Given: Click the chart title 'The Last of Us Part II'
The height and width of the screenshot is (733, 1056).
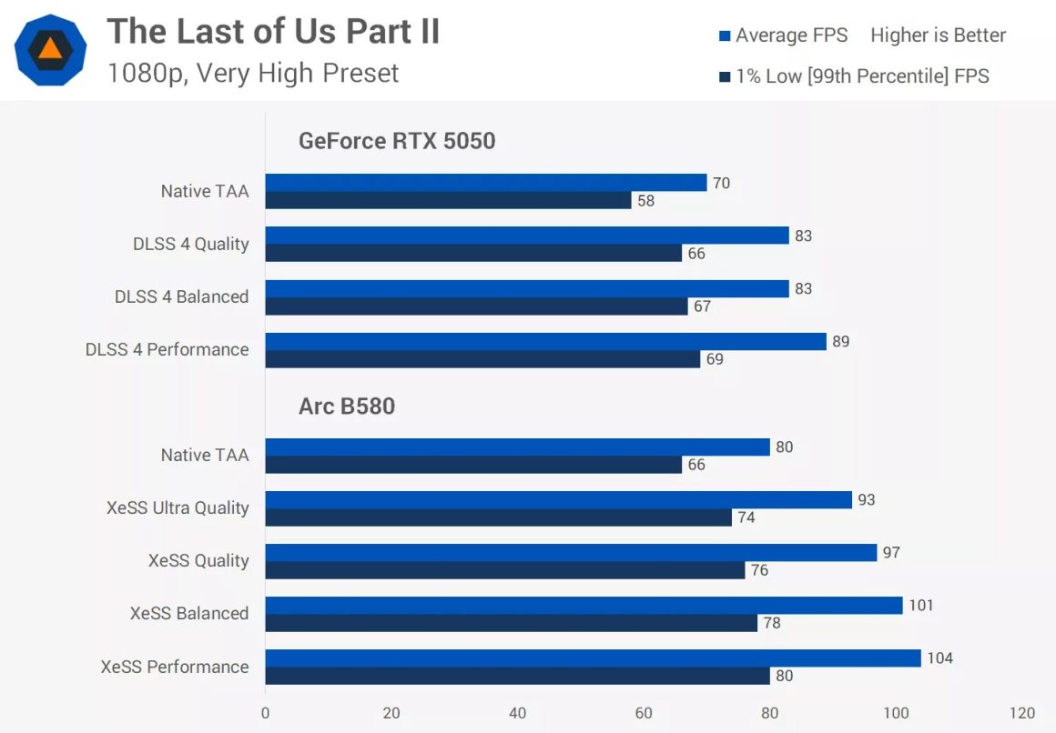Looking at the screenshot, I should tap(273, 32).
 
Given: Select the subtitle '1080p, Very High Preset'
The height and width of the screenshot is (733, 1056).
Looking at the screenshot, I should tap(252, 73).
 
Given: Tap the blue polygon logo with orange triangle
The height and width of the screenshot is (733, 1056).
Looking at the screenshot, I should tap(51, 50).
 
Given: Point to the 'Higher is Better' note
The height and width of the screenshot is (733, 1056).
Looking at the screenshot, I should tap(938, 35).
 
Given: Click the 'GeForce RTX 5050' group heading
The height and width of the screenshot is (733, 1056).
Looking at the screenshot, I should tap(397, 141).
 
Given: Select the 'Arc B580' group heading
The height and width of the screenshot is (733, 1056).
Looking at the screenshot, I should tap(347, 406).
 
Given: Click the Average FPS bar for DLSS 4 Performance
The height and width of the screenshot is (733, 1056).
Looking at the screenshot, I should tap(545, 341).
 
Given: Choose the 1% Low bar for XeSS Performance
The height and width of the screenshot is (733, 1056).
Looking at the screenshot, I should tap(517, 676).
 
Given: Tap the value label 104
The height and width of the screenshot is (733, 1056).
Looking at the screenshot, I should tap(939, 658).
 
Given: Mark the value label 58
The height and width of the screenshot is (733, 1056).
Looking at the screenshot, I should tap(645, 201).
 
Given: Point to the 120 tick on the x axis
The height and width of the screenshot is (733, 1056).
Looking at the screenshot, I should tap(1022, 713).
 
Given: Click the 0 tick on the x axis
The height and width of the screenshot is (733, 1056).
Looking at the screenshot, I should tap(265, 713).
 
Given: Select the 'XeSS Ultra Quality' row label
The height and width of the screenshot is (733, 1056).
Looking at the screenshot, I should tap(178, 507).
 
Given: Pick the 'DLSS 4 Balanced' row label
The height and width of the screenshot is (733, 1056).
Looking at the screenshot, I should tap(181, 296).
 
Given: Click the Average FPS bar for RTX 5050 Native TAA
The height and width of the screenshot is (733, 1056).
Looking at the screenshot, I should tap(485, 183).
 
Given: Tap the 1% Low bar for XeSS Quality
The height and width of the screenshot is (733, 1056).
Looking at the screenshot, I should tap(504, 570).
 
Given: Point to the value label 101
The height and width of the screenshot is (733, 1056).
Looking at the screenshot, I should tap(920, 605).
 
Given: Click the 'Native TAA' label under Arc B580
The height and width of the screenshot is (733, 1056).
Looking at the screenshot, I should tap(204, 455).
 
